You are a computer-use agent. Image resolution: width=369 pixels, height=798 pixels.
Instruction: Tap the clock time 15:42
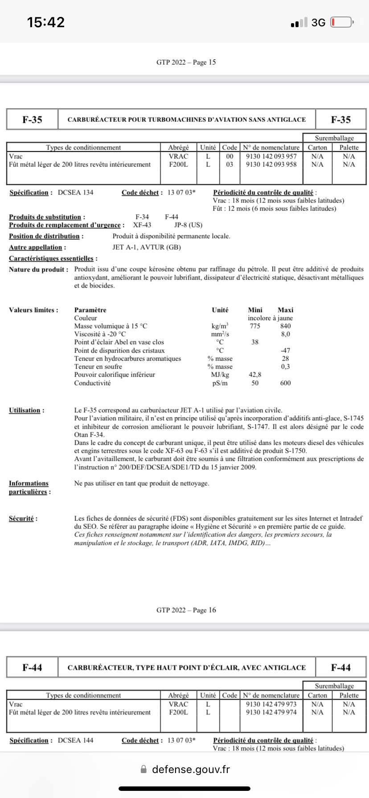[46, 22]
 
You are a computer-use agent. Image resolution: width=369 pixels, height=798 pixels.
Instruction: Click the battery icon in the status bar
[342, 22]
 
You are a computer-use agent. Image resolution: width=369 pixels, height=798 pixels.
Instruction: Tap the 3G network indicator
[318, 22]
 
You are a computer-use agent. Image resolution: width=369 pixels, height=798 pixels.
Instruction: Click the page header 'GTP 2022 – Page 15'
[186, 62]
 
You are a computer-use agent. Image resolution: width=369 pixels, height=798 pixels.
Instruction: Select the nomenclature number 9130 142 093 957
[271, 156]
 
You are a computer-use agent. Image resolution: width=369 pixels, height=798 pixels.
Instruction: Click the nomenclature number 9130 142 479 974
[271, 712]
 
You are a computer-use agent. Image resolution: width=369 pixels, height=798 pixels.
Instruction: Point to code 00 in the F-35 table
[230, 156]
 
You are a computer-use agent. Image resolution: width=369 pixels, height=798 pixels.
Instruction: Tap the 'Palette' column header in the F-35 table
[348, 147]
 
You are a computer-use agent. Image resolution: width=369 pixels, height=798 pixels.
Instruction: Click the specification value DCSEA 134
[76, 192]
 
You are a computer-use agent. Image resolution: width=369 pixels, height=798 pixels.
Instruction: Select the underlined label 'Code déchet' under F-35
[140, 192]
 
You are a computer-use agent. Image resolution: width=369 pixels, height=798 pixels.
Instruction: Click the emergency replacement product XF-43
[142, 225]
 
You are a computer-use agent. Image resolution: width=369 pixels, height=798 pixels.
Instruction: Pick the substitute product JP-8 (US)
[188, 225]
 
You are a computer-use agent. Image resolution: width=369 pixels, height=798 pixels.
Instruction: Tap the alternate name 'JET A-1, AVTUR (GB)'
[147, 247]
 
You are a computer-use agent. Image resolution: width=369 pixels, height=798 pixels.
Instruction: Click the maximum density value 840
[285, 326]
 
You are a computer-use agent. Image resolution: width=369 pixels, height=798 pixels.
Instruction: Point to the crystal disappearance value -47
[285, 350]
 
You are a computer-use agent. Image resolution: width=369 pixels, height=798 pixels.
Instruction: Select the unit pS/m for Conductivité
[220, 383]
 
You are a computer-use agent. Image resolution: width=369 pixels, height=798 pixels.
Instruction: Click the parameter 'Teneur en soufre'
[98, 366]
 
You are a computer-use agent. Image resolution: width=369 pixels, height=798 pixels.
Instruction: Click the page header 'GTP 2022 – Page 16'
[186, 610]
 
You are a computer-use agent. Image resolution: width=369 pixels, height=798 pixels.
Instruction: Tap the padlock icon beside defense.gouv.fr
[143, 769]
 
